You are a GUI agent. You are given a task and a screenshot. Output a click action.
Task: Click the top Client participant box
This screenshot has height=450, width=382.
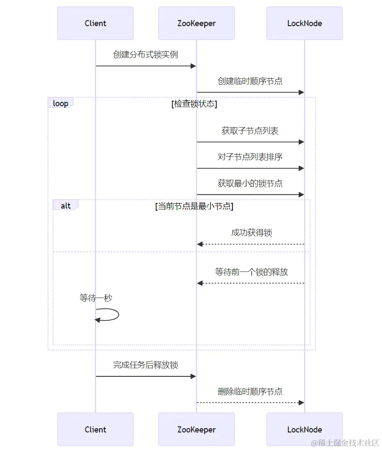(95, 23)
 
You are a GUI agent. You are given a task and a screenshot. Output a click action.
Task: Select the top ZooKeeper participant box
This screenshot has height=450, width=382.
(196, 23)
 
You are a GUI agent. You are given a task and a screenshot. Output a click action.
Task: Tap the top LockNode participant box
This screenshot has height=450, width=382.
(304, 23)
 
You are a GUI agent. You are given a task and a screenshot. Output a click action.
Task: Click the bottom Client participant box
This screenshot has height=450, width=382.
(95, 429)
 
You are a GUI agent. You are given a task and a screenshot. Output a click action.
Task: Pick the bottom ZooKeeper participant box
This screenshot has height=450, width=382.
(196, 429)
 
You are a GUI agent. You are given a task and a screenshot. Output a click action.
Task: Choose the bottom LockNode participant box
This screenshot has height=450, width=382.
(304, 429)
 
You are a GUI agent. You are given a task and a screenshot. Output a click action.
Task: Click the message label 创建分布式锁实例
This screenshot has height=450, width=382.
(145, 54)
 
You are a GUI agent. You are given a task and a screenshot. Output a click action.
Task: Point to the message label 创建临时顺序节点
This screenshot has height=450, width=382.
(250, 81)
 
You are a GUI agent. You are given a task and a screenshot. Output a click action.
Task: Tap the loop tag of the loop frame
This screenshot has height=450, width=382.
(60, 103)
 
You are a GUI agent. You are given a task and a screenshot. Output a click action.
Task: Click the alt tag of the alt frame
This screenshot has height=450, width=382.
(65, 206)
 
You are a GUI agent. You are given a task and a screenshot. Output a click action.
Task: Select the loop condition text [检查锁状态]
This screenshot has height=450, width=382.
(194, 104)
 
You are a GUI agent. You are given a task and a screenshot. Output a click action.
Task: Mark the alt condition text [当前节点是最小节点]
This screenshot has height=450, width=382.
(194, 206)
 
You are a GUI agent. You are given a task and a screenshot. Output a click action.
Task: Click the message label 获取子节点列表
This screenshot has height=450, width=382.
(250, 131)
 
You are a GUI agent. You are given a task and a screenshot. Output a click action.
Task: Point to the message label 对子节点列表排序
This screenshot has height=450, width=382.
(250, 157)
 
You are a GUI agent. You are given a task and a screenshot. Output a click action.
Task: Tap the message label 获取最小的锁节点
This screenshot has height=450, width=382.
(250, 183)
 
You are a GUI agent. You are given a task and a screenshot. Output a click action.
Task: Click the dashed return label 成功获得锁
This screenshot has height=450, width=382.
(251, 232)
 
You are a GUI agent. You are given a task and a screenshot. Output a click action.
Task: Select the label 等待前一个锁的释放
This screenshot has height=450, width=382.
(251, 271)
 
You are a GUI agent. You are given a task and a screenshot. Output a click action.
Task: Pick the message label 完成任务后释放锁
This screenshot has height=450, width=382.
(145, 365)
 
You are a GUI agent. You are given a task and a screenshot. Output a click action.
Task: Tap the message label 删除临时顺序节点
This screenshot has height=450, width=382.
(250, 391)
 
